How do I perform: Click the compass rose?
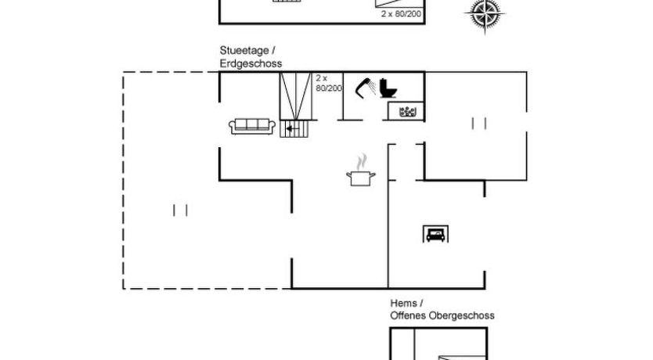[x=486, y=15]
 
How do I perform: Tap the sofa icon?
[x=251, y=125]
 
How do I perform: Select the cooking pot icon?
[x=360, y=177]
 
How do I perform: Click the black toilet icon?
[x=388, y=88]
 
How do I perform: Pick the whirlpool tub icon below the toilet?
[x=407, y=112]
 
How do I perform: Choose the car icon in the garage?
[x=435, y=232]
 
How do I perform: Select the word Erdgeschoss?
[x=251, y=63]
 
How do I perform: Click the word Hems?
[x=404, y=303]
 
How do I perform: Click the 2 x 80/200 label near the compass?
[x=400, y=13]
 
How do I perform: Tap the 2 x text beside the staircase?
[x=320, y=78]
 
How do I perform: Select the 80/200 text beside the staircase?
[x=329, y=88]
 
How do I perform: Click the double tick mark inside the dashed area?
[x=181, y=209]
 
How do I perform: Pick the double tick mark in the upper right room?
[x=479, y=122]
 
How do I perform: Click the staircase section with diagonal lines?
[x=295, y=97]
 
